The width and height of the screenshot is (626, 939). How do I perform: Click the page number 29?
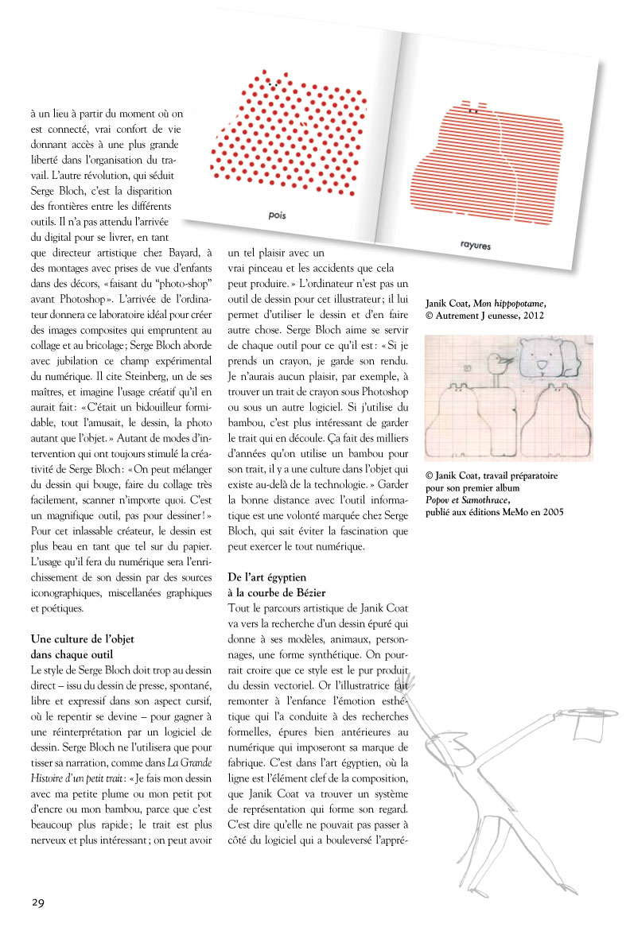click(39, 902)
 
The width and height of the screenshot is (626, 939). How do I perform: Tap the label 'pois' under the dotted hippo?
click(277, 214)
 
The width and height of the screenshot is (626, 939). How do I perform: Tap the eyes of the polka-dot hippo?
click(274, 83)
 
